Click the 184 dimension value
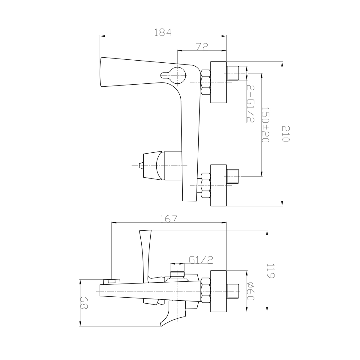(x=163, y=32)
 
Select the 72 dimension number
(x=202, y=47)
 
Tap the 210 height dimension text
(x=286, y=134)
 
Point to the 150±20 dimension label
(x=265, y=125)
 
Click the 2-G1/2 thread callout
(x=250, y=104)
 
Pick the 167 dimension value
(x=169, y=219)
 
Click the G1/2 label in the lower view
(x=201, y=260)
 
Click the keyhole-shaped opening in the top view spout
(x=173, y=75)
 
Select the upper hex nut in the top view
(x=206, y=82)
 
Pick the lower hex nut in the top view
(x=206, y=185)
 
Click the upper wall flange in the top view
(x=218, y=82)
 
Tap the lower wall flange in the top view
(x=218, y=185)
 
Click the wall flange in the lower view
(x=218, y=291)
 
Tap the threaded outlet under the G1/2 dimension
(x=177, y=274)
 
